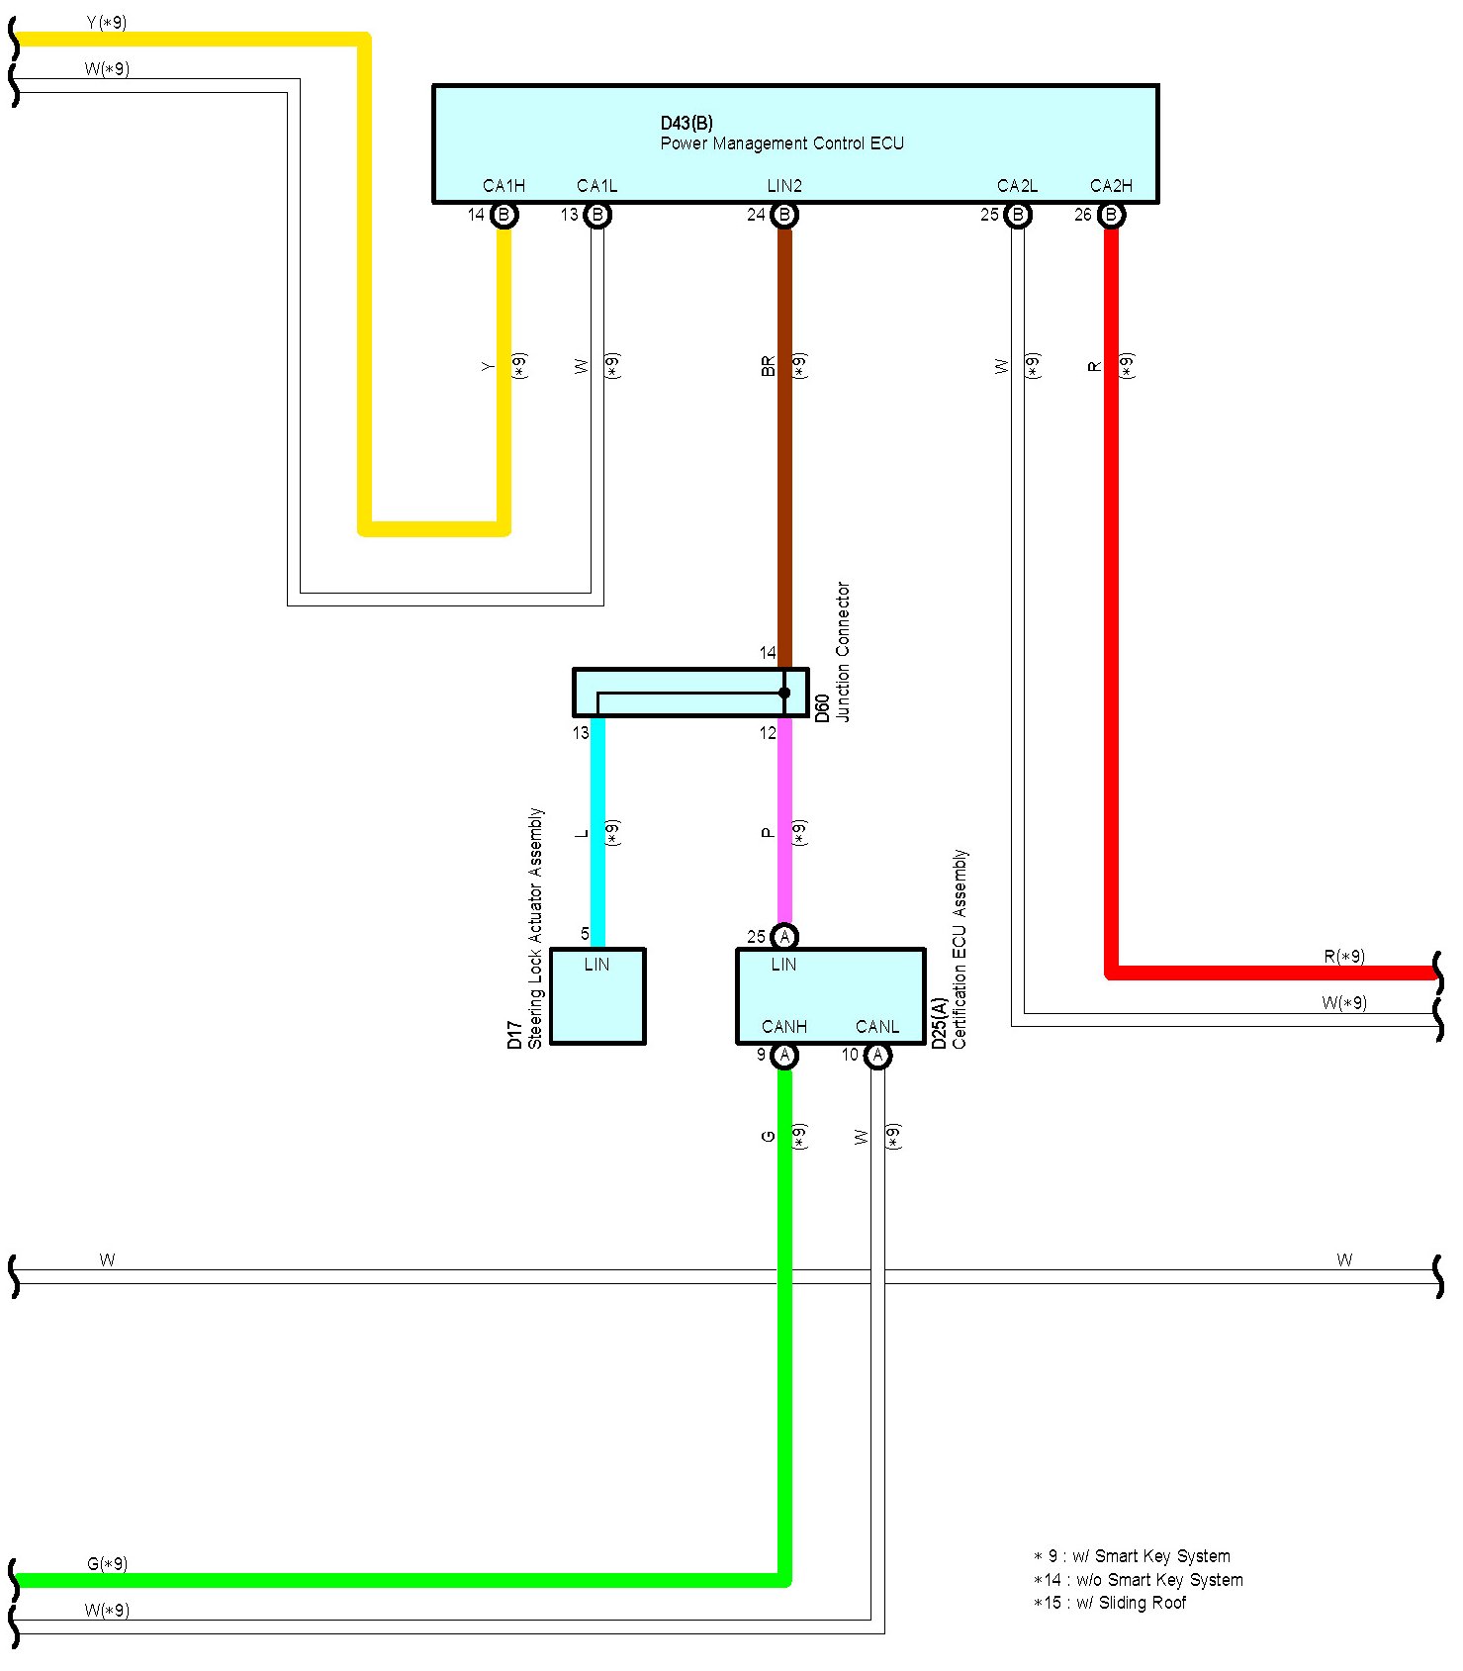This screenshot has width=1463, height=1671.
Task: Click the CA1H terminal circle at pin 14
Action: [504, 215]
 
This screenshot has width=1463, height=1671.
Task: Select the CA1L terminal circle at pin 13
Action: [597, 215]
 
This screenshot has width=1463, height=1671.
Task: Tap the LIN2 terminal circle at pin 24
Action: [784, 215]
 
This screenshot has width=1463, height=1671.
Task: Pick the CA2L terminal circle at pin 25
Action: [1018, 215]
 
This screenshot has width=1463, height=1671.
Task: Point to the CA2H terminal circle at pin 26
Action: [1111, 215]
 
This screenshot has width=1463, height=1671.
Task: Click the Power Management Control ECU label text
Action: [782, 143]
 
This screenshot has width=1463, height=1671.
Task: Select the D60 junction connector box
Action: [690, 693]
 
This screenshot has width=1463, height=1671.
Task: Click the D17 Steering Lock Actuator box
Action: [597, 996]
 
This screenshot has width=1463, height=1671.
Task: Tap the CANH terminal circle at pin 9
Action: [784, 1056]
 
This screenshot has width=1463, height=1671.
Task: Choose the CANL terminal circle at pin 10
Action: [877, 1056]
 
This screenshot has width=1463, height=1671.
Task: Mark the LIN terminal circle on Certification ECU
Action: [784, 936]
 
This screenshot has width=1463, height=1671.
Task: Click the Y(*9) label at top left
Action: [107, 22]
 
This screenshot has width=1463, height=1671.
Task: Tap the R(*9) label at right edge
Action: [1344, 957]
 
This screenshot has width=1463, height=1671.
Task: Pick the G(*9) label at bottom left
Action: [107, 1564]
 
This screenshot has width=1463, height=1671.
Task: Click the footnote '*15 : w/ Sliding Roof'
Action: [1110, 1603]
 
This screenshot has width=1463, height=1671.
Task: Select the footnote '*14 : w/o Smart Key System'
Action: [1138, 1580]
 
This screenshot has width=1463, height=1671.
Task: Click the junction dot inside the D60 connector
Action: [784, 693]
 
